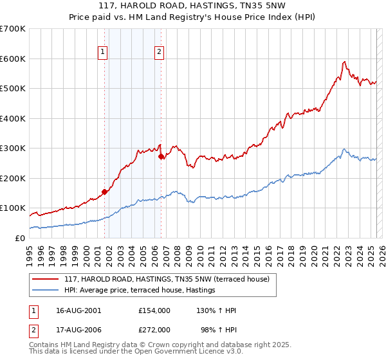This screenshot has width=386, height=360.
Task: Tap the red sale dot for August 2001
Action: click(104, 191)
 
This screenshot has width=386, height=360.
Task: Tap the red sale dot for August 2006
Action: click(161, 156)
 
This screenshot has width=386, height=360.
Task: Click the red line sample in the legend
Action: click(46, 278)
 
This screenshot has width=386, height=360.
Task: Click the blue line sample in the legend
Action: click(46, 291)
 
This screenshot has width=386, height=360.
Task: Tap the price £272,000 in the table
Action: click(154, 329)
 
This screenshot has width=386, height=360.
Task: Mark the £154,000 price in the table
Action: click(154, 310)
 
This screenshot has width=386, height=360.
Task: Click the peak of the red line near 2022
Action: click(345, 62)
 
